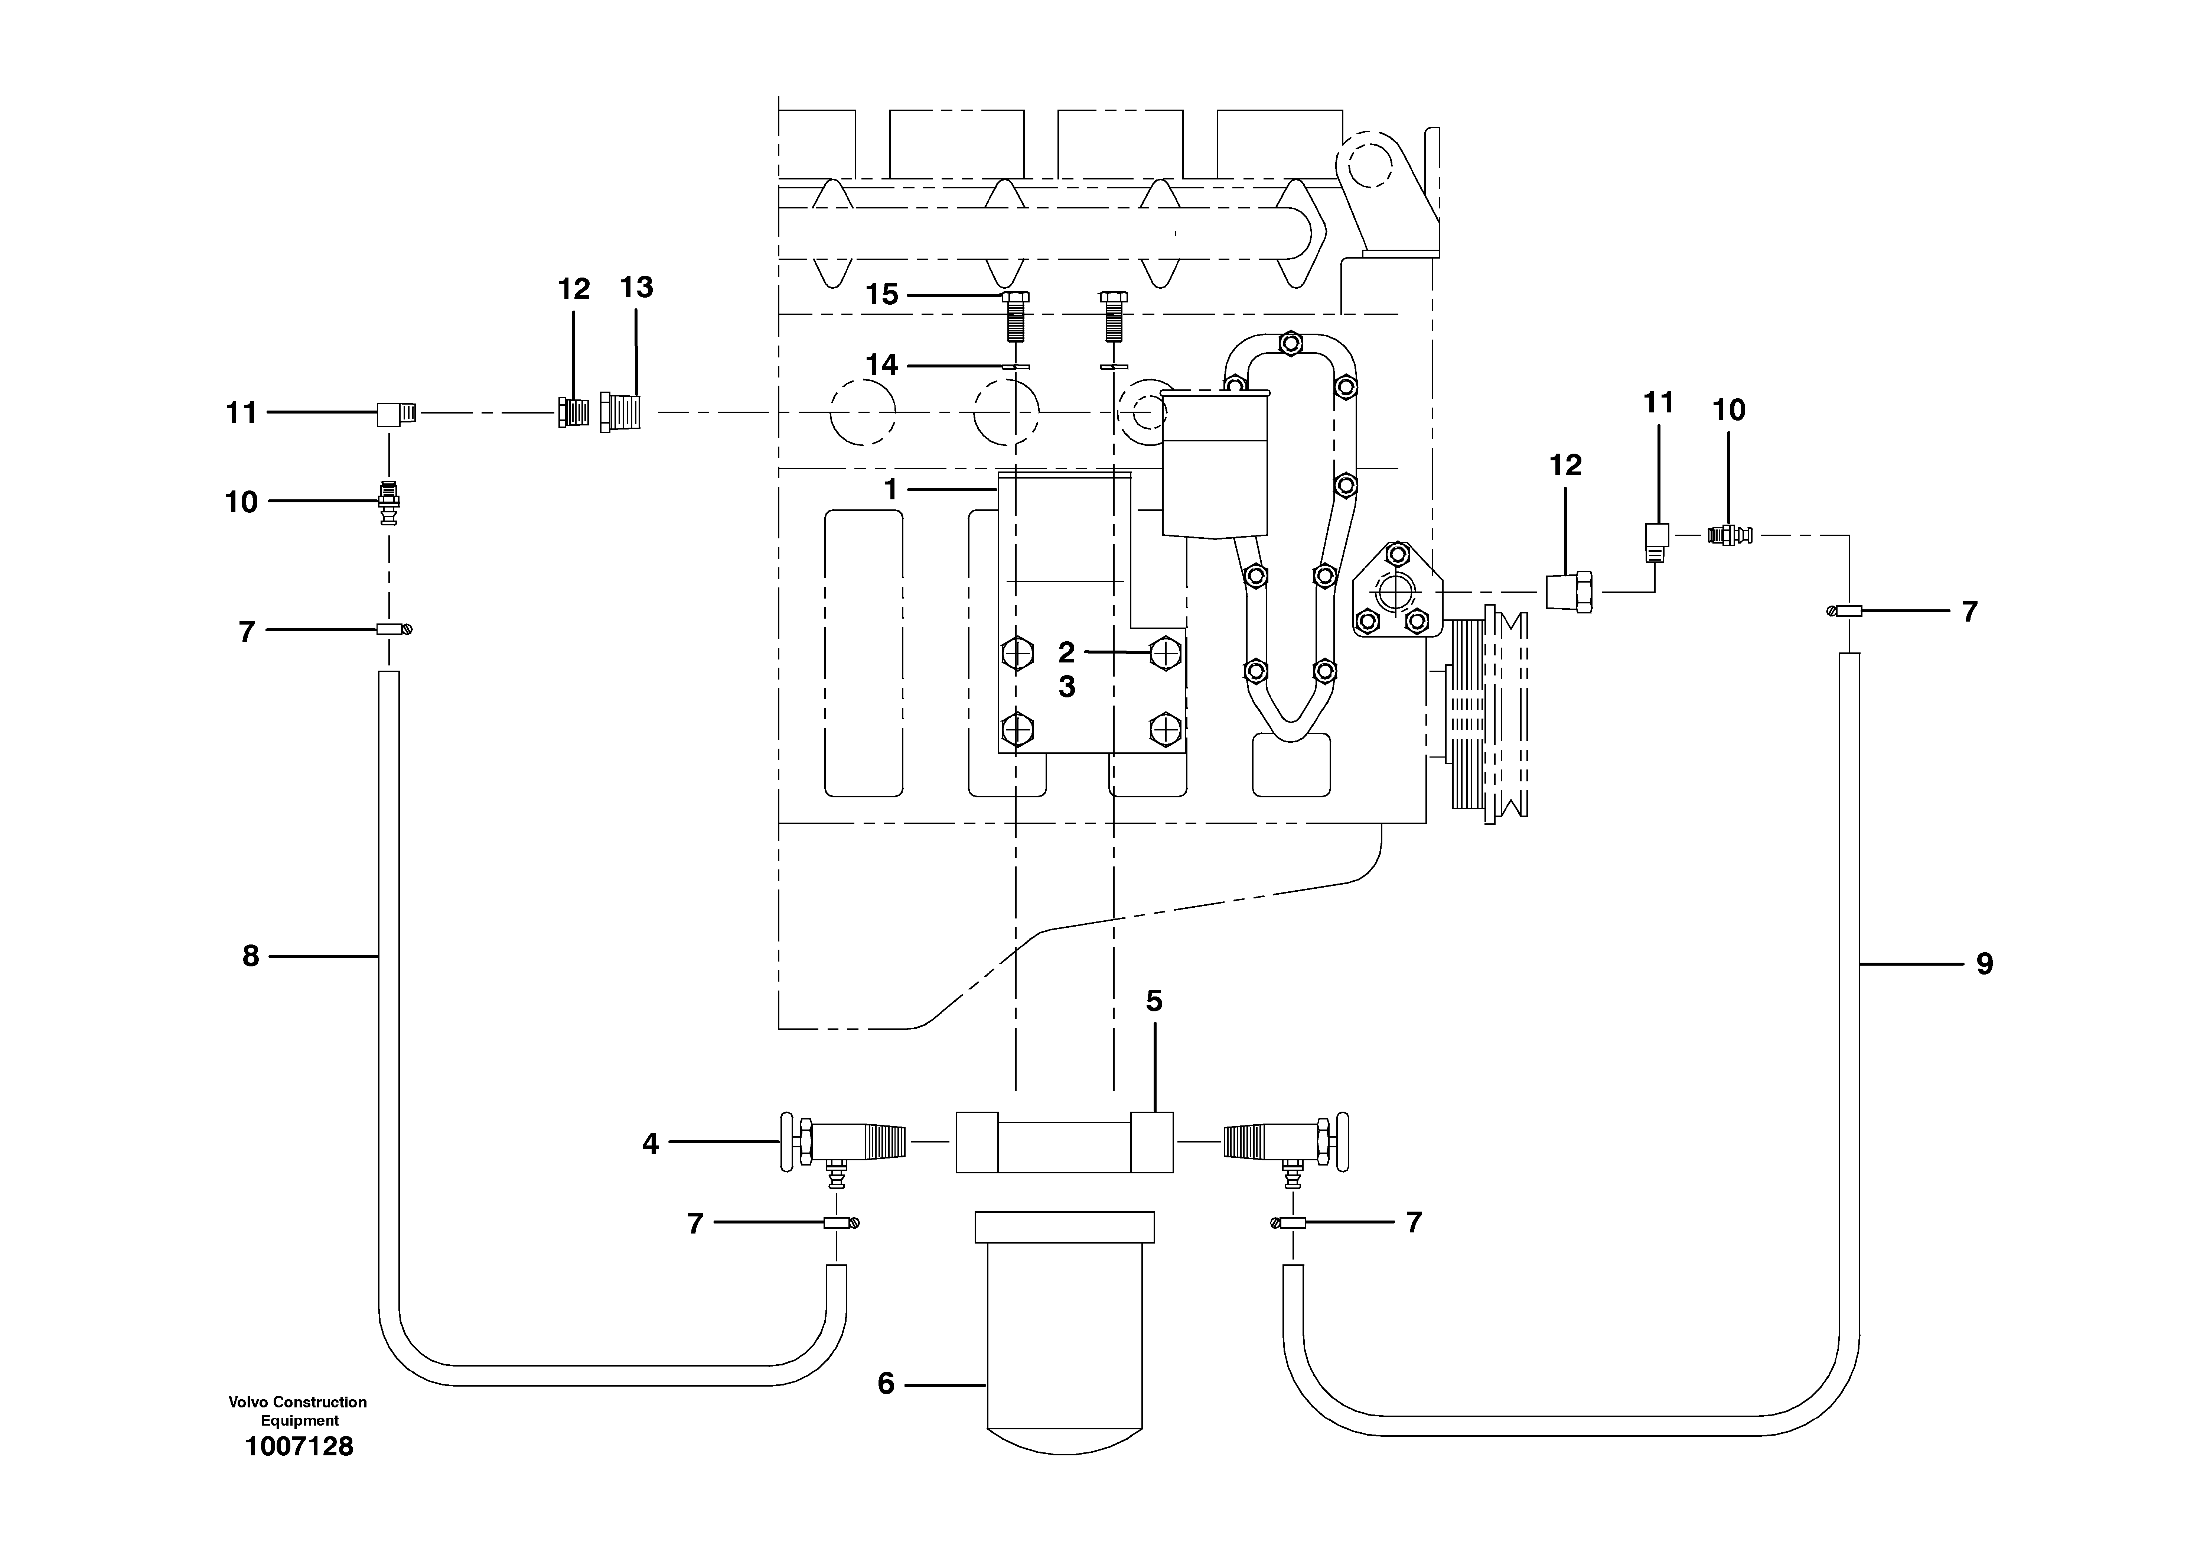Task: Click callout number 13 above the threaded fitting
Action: tap(636, 287)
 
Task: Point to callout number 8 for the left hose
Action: tap(250, 956)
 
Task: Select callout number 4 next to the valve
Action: tap(651, 1144)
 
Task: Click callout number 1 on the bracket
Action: tap(892, 490)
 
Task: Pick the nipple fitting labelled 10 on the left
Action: tap(389, 502)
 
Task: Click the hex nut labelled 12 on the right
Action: tap(1569, 591)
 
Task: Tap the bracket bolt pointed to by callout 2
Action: tap(1165, 653)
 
